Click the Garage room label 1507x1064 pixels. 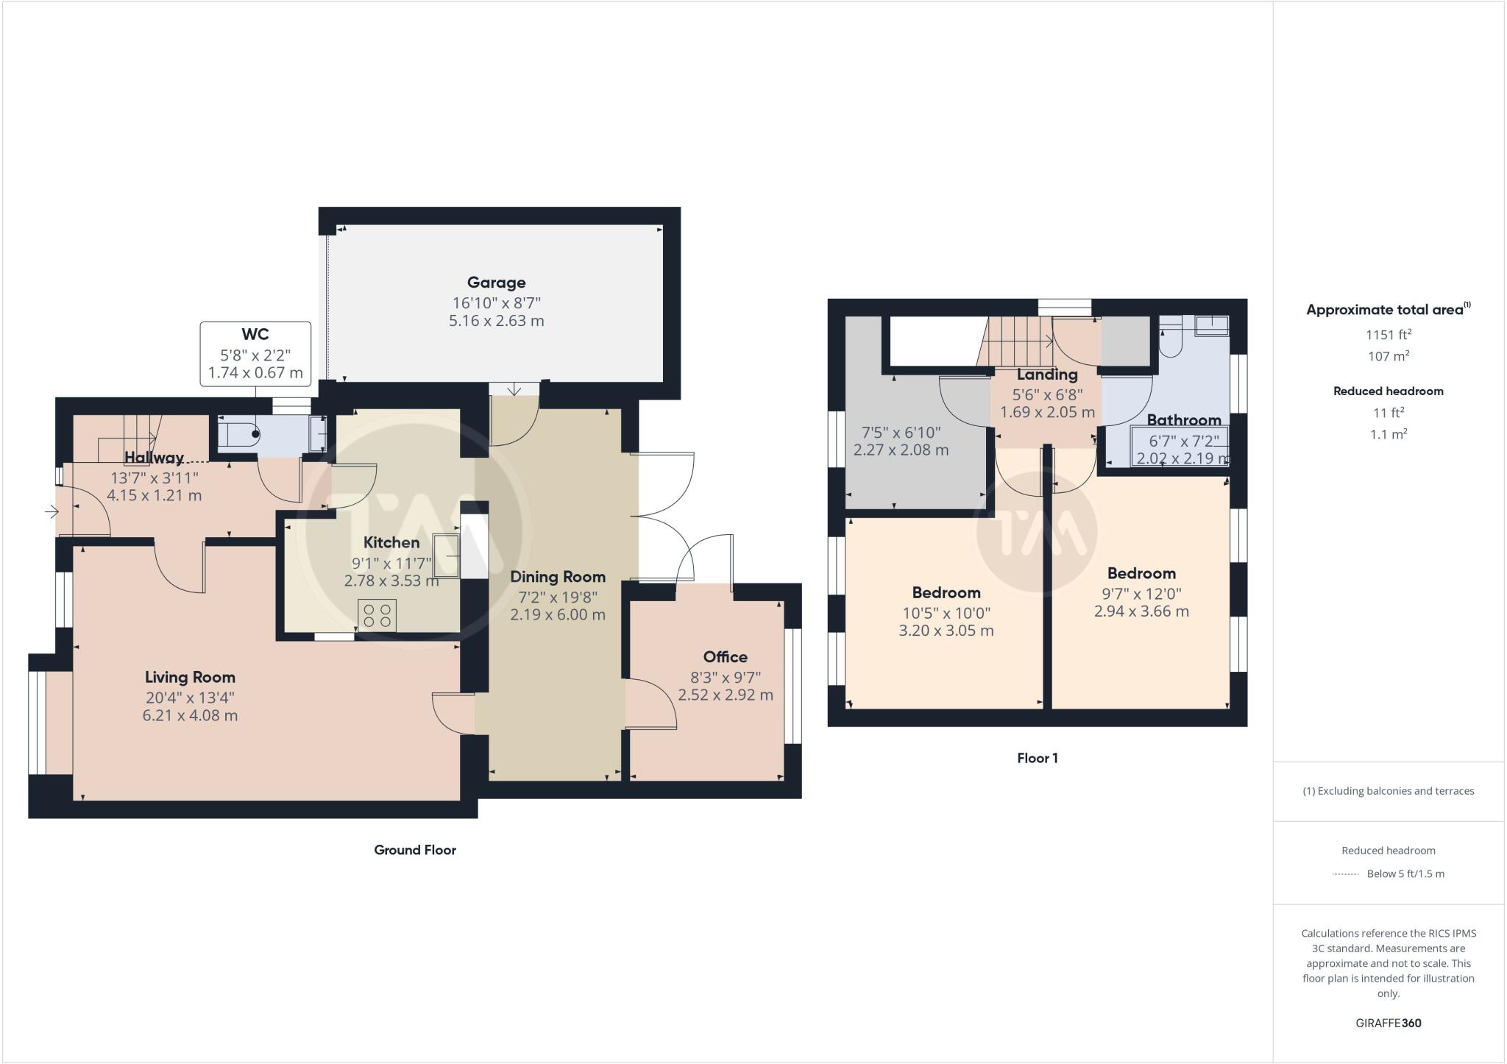[x=496, y=283]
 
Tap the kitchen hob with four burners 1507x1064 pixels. [x=377, y=615]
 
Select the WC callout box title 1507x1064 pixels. [x=255, y=335]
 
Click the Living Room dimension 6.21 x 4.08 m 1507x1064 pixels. [x=190, y=715]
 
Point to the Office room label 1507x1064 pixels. [x=725, y=657]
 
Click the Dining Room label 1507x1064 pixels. [x=557, y=577]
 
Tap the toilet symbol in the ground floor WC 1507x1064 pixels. [x=239, y=435]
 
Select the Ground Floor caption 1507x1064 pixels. [x=415, y=850]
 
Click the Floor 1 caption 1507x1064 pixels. [x=1037, y=758]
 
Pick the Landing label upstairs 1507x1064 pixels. [x=1046, y=375]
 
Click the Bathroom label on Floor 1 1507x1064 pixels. [x=1183, y=420]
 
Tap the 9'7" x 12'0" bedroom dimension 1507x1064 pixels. [x=1141, y=594]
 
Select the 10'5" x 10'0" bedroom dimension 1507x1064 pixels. [x=946, y=613]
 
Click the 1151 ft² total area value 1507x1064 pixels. [x=1388, y=335]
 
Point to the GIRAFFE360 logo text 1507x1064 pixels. [x=1388, y=1023]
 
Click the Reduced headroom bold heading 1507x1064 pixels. [x=1388, y=391]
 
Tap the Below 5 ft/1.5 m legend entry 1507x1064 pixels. [x=1405, y=874]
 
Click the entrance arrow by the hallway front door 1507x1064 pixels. [x=52, y=511]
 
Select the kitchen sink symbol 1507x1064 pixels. [x=447, y=556]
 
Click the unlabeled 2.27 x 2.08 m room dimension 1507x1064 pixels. [x=901, y=450]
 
